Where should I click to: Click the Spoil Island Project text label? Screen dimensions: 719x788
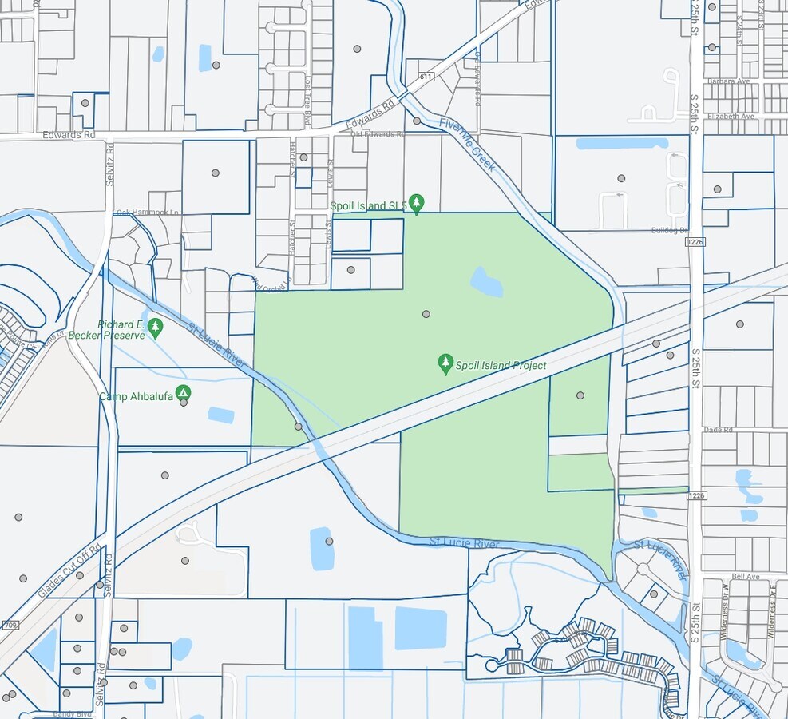pos(501,366)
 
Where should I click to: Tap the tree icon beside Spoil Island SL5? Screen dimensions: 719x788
pos(416,203)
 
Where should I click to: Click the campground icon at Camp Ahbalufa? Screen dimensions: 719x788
pos(184,393)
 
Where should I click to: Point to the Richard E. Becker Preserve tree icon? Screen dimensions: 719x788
pos(155,327)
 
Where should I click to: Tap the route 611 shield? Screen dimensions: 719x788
pos(425,77)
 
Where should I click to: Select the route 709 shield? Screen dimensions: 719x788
pos(10,625)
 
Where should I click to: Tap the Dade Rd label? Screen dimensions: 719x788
pos(719,430)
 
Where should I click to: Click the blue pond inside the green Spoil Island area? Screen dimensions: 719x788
pos(486,281)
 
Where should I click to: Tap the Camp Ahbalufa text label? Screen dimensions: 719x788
pos(136,396)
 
